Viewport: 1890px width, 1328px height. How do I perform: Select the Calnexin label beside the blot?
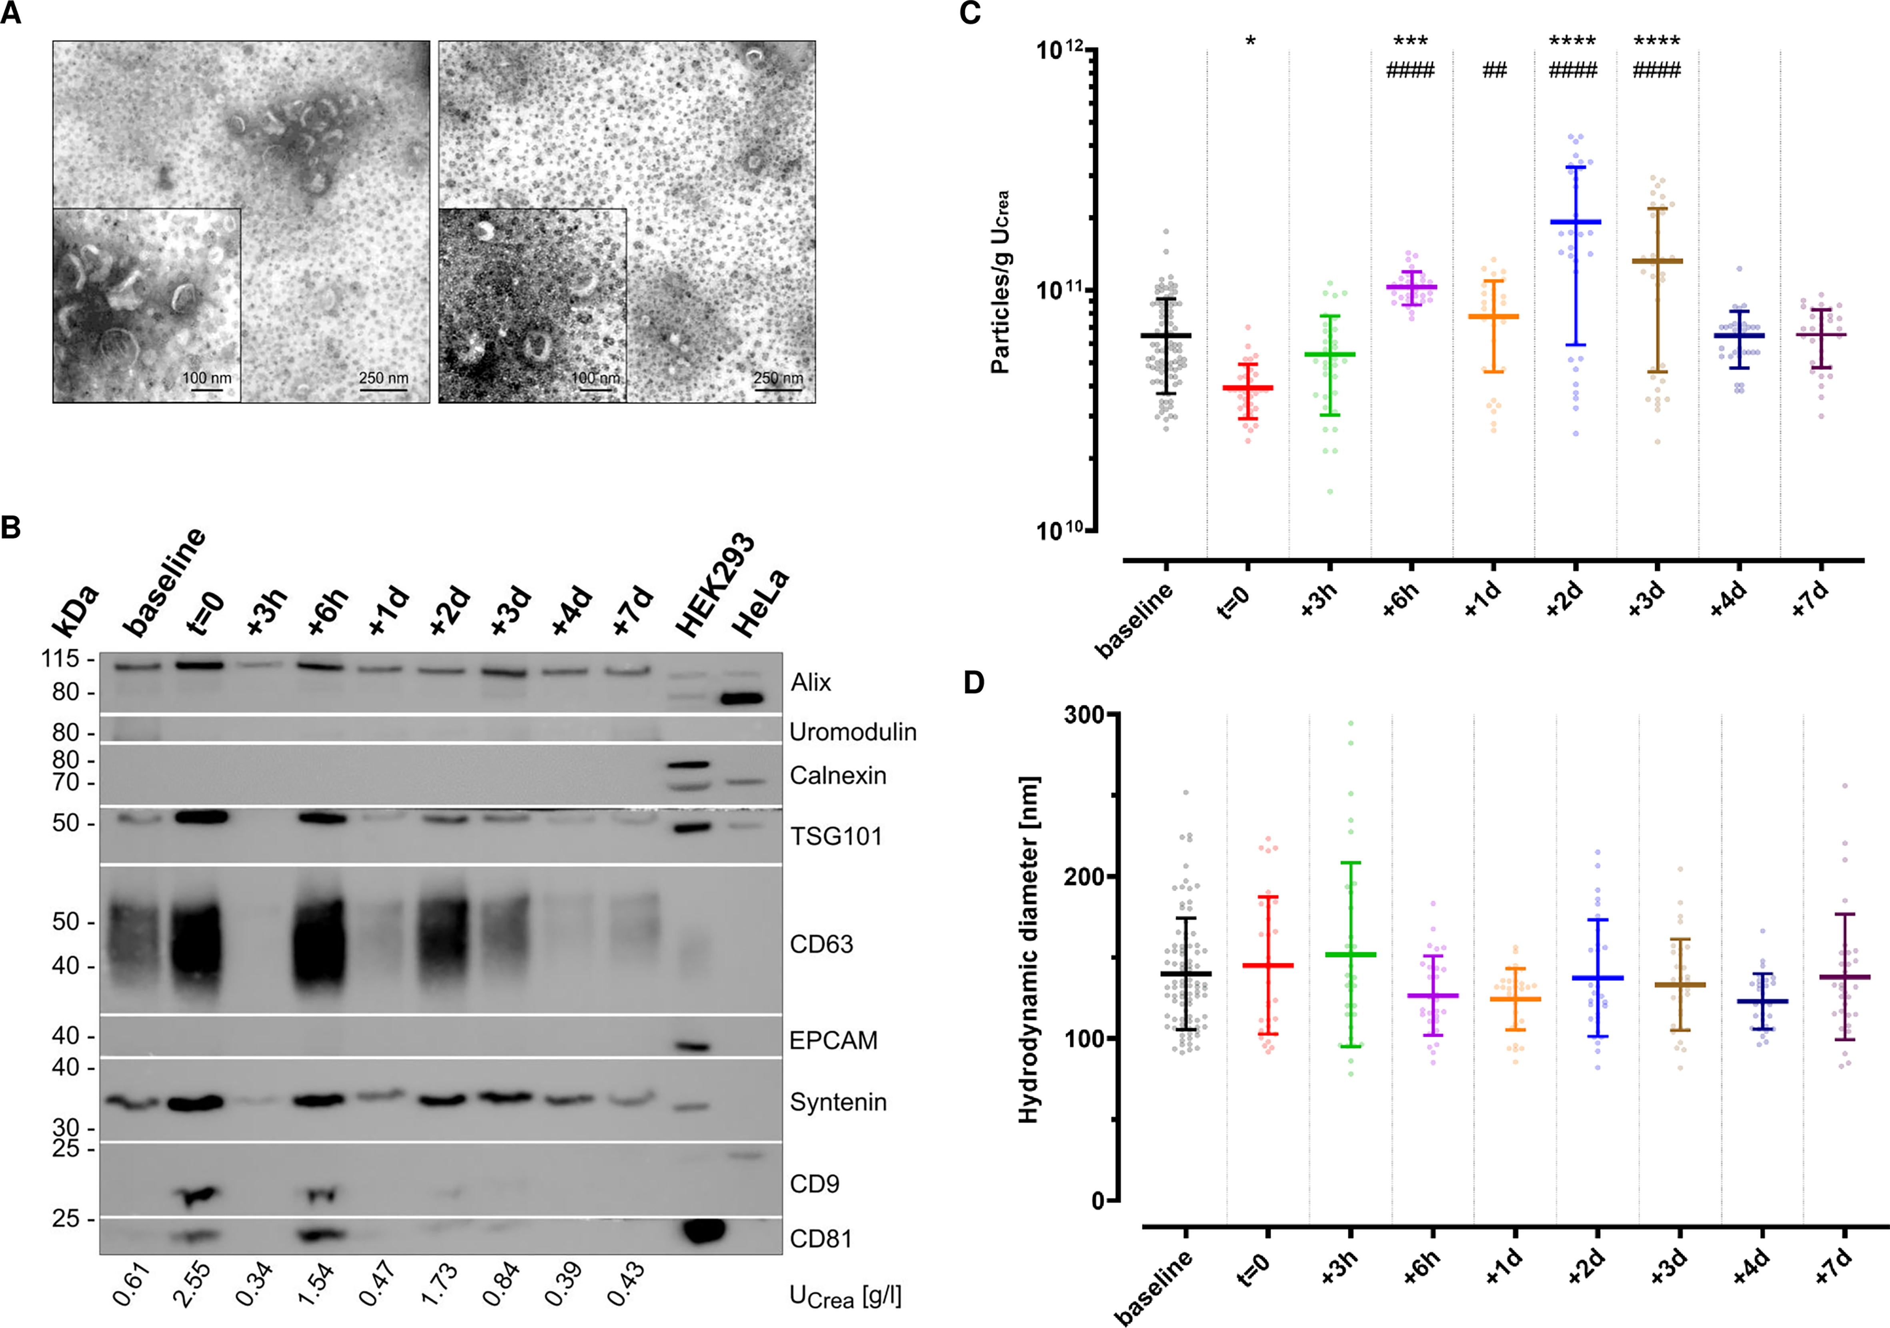click(x=837, y=776)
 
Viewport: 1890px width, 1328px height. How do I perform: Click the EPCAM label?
click(x=833, y=1041)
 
